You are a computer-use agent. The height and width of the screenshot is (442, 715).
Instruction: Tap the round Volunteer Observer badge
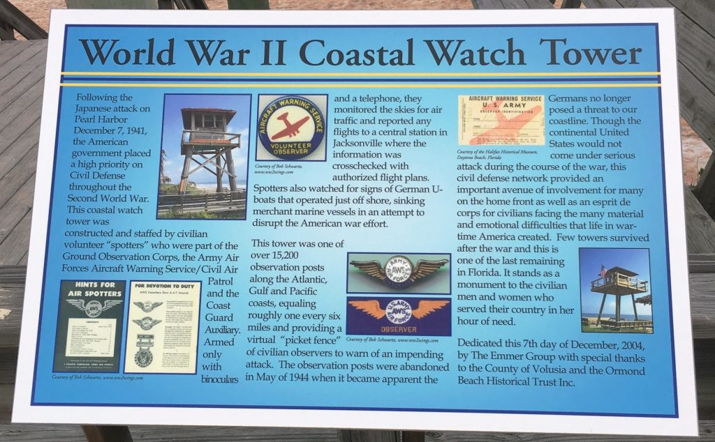coord(291,127)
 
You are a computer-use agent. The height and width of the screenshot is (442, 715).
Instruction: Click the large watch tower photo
coord(203,156)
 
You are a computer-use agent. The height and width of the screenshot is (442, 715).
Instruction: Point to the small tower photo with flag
coord(615,289)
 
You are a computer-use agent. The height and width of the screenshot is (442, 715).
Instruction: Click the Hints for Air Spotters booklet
coord(89,325)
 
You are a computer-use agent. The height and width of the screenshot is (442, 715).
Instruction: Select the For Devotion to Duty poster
coord(161,326)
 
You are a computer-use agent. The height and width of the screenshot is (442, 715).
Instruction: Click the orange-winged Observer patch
coord(398,314)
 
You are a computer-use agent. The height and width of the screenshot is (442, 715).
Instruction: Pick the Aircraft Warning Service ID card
coord(501,121)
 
